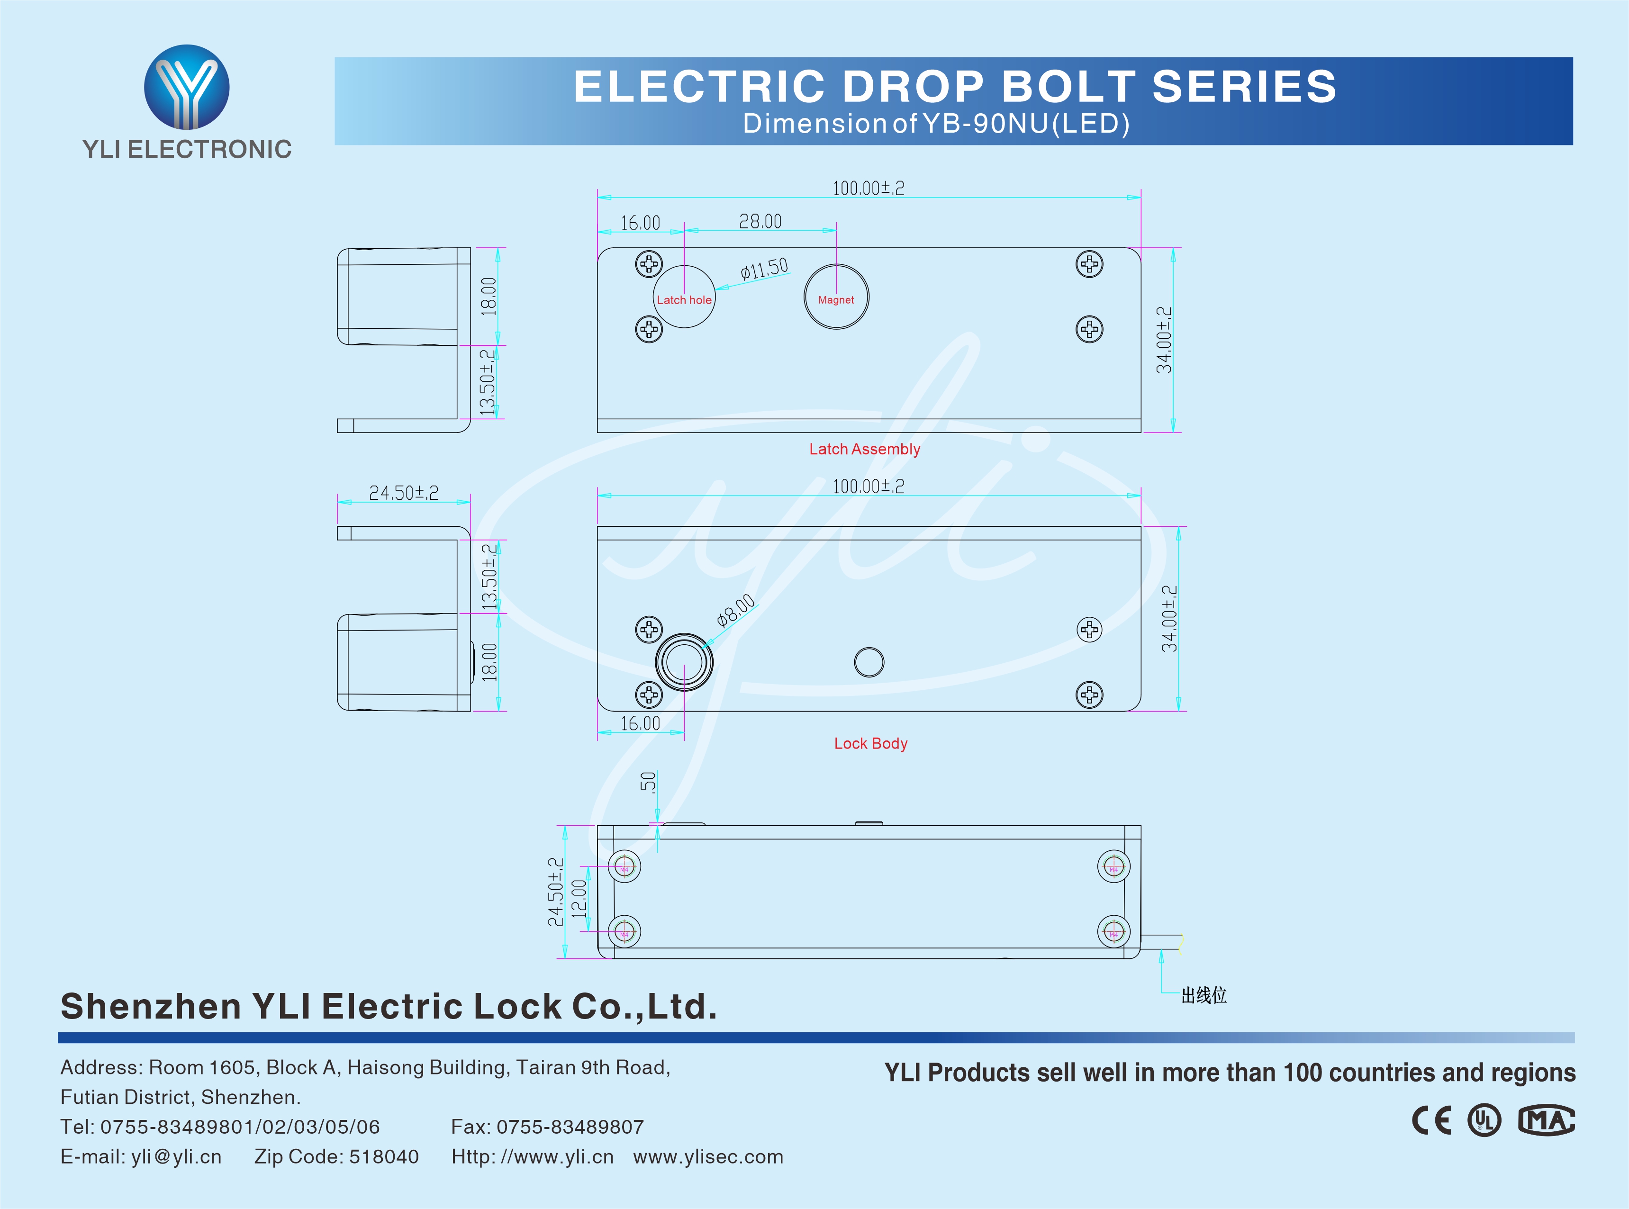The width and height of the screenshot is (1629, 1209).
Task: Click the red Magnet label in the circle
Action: click(x=836, y=300)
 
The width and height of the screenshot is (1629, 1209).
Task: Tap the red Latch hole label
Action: click(x=684, y=300)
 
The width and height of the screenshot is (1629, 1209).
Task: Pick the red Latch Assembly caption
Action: click(x=864, y=450)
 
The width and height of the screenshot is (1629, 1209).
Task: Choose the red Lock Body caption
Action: click(x=870, y=744)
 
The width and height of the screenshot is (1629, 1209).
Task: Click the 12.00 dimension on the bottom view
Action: click(x=579, y=899)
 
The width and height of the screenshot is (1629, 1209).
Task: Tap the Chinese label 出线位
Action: click(x=1204, y=995)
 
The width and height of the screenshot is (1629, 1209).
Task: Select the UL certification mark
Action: click(x=1484, y=1120)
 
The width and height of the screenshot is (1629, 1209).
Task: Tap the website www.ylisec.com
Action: click(x=708, y=1156)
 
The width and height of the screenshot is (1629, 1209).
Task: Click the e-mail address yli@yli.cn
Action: click(x=176, y=1156)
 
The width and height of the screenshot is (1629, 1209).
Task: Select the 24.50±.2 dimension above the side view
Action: click(x=403, y=493)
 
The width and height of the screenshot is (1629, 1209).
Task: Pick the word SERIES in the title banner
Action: click(x=1244, y=86)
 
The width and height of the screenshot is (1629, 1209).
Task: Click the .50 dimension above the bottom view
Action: click(x=648, y=782)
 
